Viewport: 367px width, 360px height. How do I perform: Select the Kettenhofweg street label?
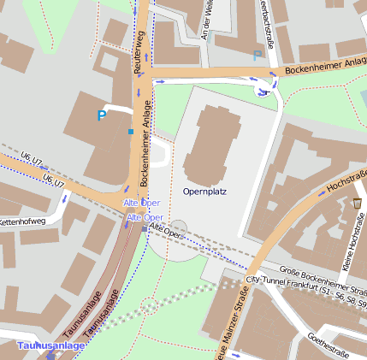[x=22, y=221]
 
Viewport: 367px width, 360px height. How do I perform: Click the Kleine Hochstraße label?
[x=349, y=249]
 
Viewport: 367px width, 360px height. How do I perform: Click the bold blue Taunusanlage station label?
[x=51, y=345]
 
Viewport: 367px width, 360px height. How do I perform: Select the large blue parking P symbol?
[x=103, y=115]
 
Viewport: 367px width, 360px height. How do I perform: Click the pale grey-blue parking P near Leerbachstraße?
[x=257, y=56]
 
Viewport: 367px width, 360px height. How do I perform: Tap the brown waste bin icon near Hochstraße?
[x=357, y=203]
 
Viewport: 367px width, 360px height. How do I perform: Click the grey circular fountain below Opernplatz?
[x=178, y=228]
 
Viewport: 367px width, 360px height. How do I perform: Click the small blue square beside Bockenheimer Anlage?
[x=130, y=132]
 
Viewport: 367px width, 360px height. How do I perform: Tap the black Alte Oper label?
[x=166, y=232]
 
